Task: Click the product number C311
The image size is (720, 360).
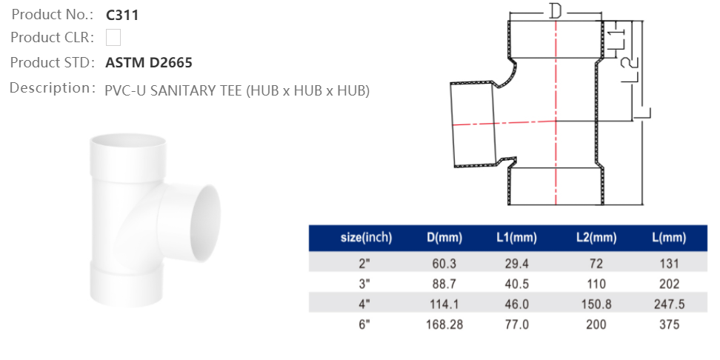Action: [122, 14]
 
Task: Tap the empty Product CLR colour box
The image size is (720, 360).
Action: [113, 38]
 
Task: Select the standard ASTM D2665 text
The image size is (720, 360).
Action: [149, 63]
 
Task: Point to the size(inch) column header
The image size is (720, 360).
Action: [366, 238]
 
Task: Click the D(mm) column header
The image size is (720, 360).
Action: [444, 238]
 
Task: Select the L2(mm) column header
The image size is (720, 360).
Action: [596, 238]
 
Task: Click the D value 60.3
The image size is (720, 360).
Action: [444, 264]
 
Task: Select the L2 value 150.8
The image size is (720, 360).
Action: [596, 304]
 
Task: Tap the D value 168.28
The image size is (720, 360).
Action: [444, 324]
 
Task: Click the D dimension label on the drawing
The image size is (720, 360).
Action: [556, 11]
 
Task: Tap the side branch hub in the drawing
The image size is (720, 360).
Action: [474, 124]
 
